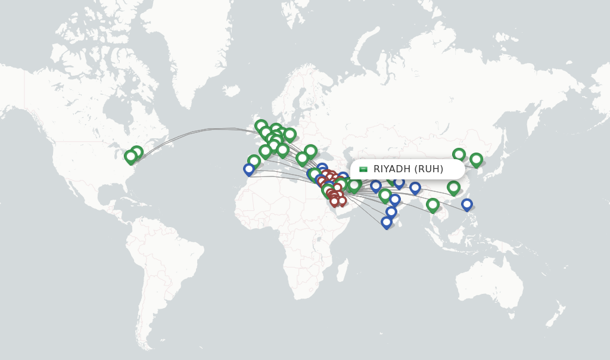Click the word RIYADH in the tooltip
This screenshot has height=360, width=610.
click(x=392, y=169)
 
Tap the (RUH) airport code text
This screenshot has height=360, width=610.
click(x=429, y=169)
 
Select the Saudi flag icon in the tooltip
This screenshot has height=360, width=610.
click(x=363, y=169)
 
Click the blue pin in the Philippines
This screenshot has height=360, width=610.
click(x=467, y=204)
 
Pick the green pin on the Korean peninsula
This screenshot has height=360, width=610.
click(x=476, y=159)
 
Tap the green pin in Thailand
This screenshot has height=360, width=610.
click(x=432, y=205)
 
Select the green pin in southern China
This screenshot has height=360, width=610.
click(x=453, y=188)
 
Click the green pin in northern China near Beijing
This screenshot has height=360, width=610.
click(x=459, y=155)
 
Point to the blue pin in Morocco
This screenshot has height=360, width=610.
click(x=249, y=169)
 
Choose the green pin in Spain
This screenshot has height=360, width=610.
click(x=254, y=161)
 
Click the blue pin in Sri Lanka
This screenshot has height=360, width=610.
click(x=387, y=222)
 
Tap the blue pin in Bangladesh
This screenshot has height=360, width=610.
click(x=415, y=188)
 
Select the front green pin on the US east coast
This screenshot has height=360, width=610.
click(x=130, y=157)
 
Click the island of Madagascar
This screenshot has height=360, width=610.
click(x=343, y=271)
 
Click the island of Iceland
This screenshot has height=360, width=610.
click(x=232, y=91)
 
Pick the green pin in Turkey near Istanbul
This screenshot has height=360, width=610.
click(x=310, y=151)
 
